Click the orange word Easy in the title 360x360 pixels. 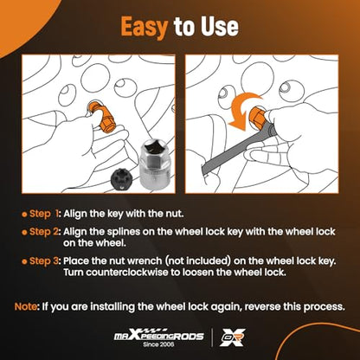pos(145,27)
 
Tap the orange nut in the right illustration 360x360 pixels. pos(257,118)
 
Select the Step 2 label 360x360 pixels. pos(45,232)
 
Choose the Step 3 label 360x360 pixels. pos(45,261)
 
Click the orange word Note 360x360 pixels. pos(26,306)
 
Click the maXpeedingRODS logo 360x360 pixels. pos(159,335)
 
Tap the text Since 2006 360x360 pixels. pos(158,344)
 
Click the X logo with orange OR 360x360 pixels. pos(233,337)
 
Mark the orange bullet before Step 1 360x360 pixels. pos(24,215)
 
